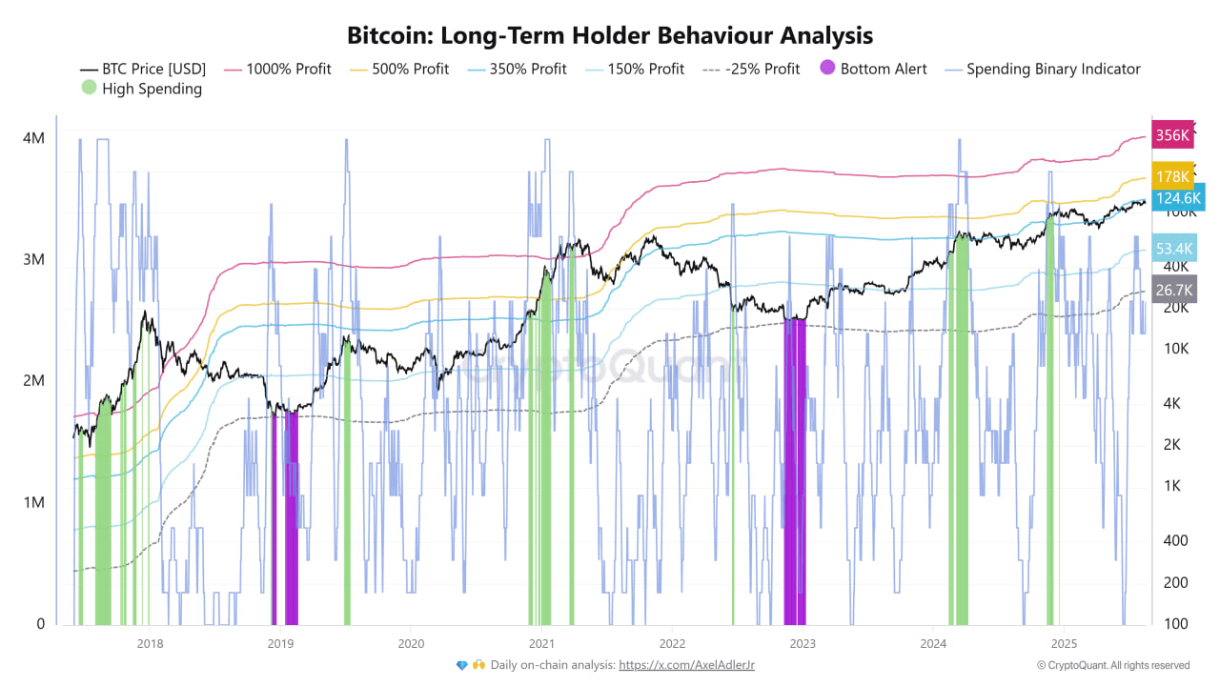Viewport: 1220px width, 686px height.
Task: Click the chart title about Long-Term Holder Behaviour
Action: pyautogui.click(x=610, y=36)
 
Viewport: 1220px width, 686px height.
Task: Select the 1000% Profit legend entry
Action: pyautogui.click(x=277, y=69)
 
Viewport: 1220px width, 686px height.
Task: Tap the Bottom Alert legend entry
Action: pyautogui.click(x=872, y=69)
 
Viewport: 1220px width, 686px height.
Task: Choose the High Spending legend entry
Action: pyautogui.click(x=141, y=89)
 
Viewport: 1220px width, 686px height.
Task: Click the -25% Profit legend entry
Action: pyautogui.click(x=751, y=69)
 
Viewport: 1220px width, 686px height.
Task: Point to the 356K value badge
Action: pyautogui.click(x=1171, y=135)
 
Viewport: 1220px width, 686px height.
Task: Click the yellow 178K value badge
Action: pyautogui.click(x=1171, y=176)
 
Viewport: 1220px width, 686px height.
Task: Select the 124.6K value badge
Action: pyautogui.click(x=1177, y=198)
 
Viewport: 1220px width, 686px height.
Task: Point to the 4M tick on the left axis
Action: pyautogui.click(x=33, y=138)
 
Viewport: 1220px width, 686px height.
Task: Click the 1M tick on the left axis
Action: pyautogui.click(x=33, y=502)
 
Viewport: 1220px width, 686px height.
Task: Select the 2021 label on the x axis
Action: pyautogui.click(x=541, y=642)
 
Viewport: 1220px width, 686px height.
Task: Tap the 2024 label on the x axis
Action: pyautogui.click(x=933, y=642)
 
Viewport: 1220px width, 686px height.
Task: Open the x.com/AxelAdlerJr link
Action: pyautogui.click(x=686, y=665)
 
